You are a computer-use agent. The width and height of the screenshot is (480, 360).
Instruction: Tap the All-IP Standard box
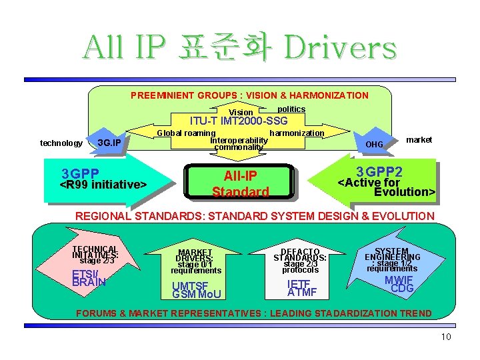240,183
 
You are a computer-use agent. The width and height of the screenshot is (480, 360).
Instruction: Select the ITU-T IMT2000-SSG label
239,121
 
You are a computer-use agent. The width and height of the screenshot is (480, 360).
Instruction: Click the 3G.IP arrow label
109,143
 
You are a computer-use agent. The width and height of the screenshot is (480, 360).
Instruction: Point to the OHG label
375,144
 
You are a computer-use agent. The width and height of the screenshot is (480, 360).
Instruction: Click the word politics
291,109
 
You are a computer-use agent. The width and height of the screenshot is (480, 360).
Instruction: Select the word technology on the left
61,143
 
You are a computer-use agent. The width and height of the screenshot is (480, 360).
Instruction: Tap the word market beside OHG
419,140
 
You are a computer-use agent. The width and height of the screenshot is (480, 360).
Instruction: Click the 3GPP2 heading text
379,171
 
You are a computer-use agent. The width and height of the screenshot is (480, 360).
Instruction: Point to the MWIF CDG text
402,283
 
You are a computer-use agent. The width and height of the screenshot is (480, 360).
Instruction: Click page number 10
446,337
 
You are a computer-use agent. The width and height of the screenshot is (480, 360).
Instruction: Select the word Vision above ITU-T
241,113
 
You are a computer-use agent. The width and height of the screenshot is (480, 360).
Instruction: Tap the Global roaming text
186,133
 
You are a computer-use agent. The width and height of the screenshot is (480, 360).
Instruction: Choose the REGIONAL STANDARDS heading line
255,216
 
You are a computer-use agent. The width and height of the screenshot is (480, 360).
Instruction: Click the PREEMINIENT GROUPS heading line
249,95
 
